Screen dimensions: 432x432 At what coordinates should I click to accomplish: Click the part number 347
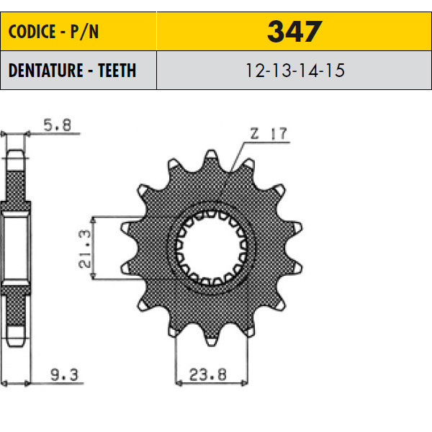[x=294, y=32]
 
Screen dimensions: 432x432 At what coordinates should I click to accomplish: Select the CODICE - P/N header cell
[x=78, y=31]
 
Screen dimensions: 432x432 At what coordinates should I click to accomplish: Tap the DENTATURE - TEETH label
[x=72, y=71]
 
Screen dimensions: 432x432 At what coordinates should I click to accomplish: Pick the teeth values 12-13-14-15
[x=294, y=71]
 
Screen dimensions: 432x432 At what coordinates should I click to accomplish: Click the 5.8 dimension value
[x=58, y=125]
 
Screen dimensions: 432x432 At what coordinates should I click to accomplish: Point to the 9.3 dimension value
[x=65, y=374]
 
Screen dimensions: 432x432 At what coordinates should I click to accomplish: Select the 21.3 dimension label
[x=84, y=249]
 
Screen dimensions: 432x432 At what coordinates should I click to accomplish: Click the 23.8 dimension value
[x=208, y=374]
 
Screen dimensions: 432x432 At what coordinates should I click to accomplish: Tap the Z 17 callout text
[x=269, y=134]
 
